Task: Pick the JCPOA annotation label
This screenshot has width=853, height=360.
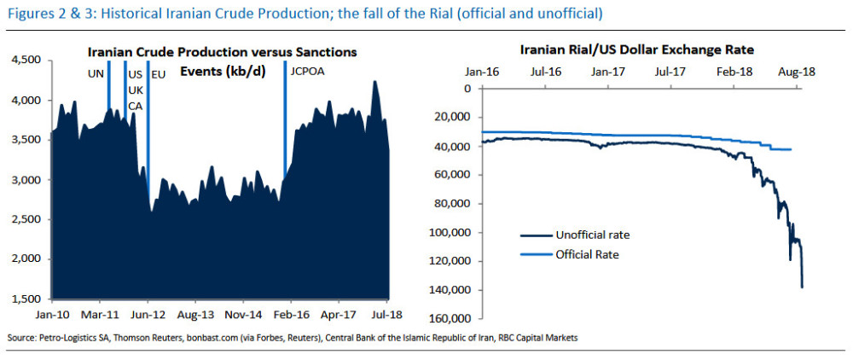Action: [x=308, y=74]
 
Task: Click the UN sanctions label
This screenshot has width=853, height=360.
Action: [x=96, y=74]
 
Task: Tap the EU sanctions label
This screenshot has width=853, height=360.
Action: [x=158, y=74]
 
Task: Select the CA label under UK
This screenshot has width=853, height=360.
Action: [x=135, y=106]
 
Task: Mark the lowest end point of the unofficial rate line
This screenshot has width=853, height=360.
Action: [x=802, y=287]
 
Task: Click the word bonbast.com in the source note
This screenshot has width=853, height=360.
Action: [x=214, y=339]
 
